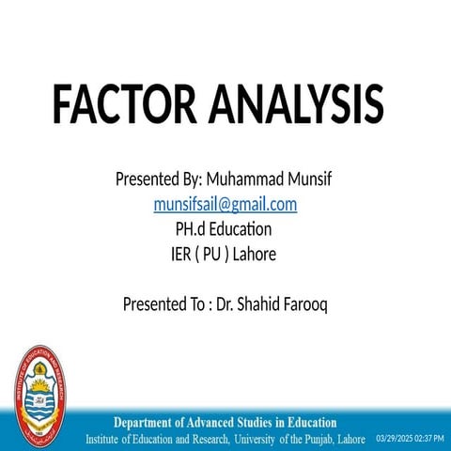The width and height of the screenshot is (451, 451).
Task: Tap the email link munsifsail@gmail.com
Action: [225, 203]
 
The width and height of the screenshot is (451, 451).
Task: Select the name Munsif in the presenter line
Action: [310, 179]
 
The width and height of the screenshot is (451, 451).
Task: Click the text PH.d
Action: [190, 228]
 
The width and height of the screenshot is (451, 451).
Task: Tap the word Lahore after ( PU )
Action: [255, 254]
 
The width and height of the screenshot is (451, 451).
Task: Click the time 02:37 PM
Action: [430, 439]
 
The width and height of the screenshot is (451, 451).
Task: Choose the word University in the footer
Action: [243, 439]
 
